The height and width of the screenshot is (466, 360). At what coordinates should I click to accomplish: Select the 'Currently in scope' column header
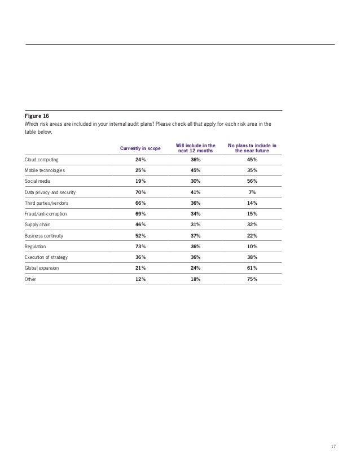(139, 148)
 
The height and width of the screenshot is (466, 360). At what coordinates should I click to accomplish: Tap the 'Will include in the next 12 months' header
(195, 148)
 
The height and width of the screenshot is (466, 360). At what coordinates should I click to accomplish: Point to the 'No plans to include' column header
(252, 148)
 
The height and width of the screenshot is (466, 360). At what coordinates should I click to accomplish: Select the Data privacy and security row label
(50, 192)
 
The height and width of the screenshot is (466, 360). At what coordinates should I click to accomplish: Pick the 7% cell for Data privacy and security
(252, 192)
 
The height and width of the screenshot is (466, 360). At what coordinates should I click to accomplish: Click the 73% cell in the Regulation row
(139, 247)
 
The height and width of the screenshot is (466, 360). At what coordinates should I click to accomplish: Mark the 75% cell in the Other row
(252, 279)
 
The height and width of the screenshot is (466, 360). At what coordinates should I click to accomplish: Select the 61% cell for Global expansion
(252, 268)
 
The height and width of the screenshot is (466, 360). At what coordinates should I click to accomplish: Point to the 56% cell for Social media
(252, 181)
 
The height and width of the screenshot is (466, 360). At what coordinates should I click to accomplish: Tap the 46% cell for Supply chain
(139, 225)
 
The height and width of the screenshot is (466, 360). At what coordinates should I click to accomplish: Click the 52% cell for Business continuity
(139, 236)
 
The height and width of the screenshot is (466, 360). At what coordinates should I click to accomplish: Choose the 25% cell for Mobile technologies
(139, 170)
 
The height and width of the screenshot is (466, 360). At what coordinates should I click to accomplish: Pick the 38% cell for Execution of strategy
(252, 257)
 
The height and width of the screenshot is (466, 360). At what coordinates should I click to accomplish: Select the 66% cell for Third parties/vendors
(139, 203)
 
